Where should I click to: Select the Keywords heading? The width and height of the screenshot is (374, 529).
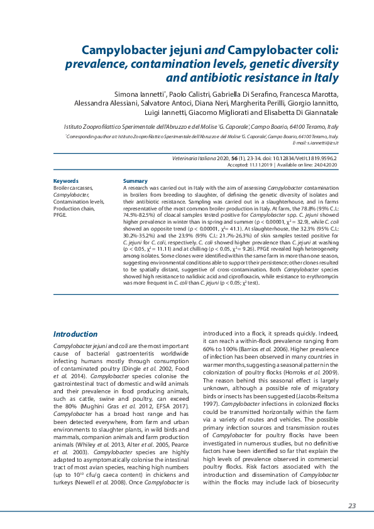click(x=66, y=181)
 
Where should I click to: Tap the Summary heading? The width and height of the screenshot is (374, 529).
click(x=135, y=181)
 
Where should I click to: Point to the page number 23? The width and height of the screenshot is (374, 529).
click(x=352, y=506)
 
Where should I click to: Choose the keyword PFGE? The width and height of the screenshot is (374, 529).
click(x=60, y=214)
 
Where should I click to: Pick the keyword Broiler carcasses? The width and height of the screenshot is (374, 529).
click(x=73, y=188)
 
